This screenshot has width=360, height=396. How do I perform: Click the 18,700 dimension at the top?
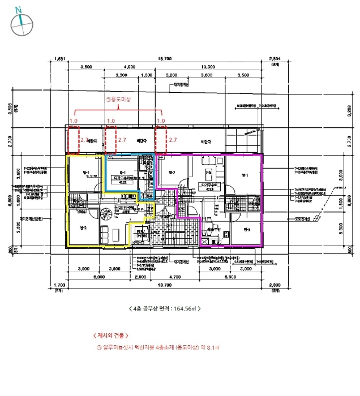click(x=164, y=59)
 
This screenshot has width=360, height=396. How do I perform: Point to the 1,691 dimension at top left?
click(x=59, y=59)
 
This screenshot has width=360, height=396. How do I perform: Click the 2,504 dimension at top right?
click(x=276, y=59)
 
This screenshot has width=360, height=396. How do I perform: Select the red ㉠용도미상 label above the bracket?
click(x=118, y=98)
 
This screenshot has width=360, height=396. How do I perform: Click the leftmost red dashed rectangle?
click(x=74, y=139)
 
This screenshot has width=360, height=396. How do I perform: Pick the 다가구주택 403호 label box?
click(x=209, y=186)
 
